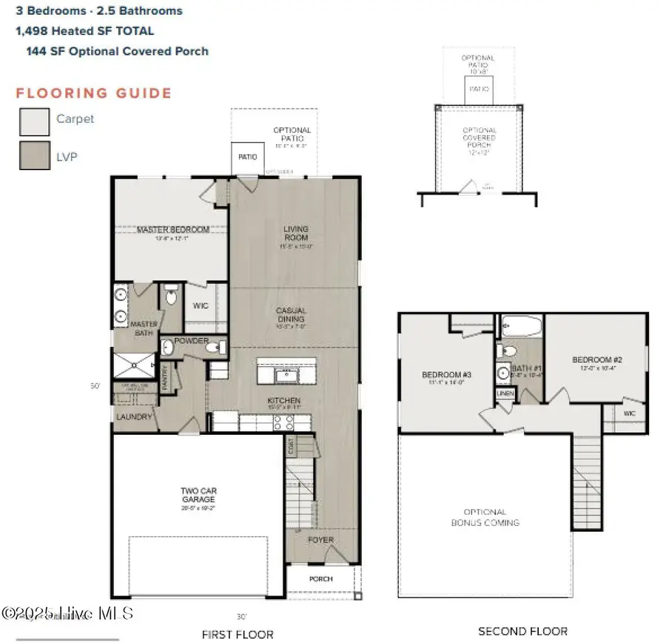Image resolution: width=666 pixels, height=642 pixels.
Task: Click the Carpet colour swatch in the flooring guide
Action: [x=34, y=121]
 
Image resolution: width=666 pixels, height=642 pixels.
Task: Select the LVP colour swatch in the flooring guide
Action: [x=34, y=155]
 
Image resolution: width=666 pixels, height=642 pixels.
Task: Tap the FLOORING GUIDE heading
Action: [x=94, y=93]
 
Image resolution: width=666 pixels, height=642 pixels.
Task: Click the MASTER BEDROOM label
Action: [x=173, y=230]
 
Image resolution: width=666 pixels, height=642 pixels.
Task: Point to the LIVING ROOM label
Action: [x=295, y=234]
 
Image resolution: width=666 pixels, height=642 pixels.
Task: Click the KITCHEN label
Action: [x=285, y=401]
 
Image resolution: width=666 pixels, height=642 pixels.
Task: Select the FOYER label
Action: [x=321, y=540]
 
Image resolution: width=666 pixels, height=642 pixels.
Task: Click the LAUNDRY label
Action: [x=134, y=417]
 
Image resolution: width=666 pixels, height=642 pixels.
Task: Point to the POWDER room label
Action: [x=191, y=342]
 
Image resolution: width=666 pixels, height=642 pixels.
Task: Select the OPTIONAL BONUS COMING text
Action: [x=485, y=517]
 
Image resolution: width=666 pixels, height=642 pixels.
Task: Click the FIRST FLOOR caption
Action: [x=238, y=634]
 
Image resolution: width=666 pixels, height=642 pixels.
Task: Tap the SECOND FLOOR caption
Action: [x=523, y=631]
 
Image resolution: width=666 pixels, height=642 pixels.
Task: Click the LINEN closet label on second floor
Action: [x=505, y=393]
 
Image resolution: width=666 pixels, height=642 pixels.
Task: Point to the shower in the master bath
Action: [x=134, y=365]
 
